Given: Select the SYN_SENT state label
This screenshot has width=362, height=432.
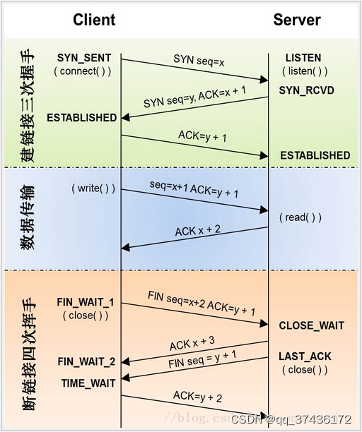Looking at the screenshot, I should point(83,57).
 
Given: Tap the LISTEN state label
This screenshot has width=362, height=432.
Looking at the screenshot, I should point(303,57).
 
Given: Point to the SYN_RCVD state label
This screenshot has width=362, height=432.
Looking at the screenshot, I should point(306,91).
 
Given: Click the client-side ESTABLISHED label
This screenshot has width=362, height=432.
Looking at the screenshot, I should point(81,118).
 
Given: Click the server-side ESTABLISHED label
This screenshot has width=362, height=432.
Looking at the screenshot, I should point(315,155).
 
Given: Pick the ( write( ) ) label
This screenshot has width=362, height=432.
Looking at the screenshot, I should point(93,189).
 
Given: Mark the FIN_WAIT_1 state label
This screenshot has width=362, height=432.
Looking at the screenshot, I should point(86,302).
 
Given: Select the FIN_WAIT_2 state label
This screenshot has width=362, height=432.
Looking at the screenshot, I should point(86,362).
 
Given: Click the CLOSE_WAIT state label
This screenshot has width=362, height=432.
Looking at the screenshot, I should point(311,326).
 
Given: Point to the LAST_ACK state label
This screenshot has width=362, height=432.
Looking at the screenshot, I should point(305,356).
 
